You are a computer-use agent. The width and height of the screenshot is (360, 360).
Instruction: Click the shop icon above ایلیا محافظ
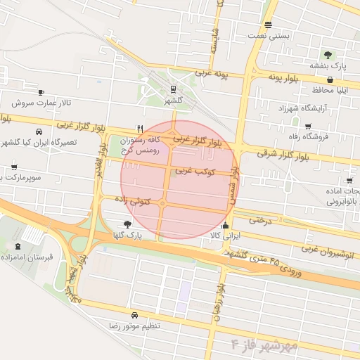329,80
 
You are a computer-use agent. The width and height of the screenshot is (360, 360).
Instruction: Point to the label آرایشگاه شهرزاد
304,108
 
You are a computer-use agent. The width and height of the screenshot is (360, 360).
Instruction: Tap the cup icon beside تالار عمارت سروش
41,92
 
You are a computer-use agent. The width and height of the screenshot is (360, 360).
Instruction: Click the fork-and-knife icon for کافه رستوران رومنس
141,129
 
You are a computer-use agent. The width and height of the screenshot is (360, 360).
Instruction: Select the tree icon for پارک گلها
127,224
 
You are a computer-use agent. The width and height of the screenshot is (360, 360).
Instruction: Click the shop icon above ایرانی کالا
225,226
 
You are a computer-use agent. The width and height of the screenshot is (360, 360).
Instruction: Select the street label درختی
259,220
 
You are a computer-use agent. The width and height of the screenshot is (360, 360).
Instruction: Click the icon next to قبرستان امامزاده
18,247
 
